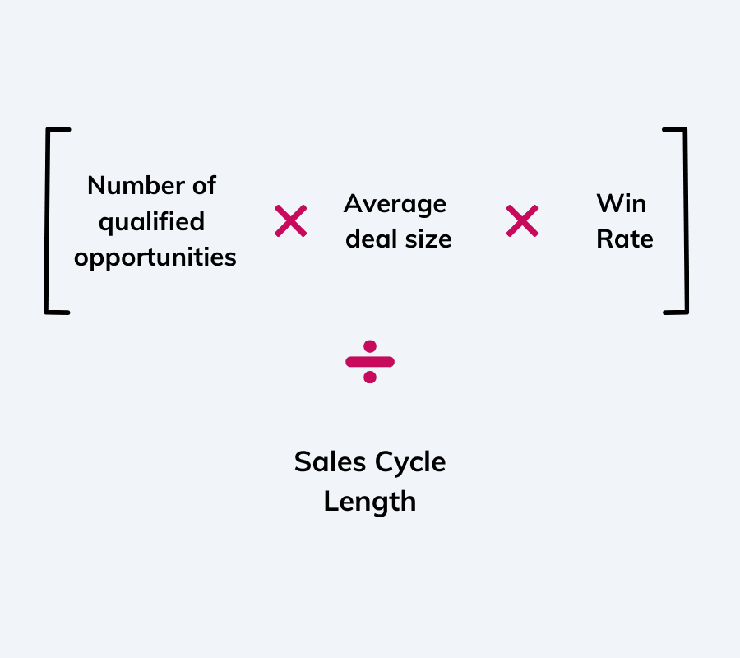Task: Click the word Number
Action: pos(134,186)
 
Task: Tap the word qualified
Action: pos(151,222)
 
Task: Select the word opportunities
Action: pos(155,257)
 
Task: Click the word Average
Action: pos(395,204)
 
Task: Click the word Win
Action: pos(622,204)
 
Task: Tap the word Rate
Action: pos(625,239)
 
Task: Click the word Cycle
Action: pos(410,462)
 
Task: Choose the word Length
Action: pos(370,501)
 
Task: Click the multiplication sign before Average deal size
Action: pos(291,221)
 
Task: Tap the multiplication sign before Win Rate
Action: pos(522,221)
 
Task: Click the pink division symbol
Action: pos(370,361)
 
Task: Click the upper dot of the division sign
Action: pos(370,346)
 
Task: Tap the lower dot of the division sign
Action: pos(370,377)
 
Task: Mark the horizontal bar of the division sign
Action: pos(370,361)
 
